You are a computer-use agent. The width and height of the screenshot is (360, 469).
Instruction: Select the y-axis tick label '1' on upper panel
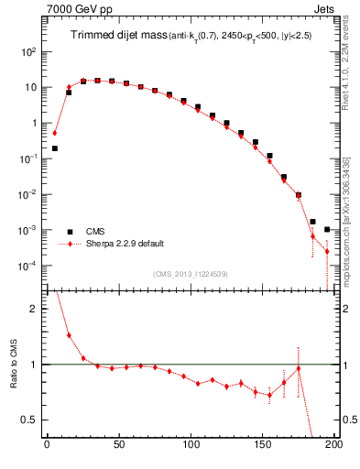click(32, 123)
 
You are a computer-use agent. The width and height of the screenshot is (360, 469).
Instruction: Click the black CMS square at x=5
click(55, 148)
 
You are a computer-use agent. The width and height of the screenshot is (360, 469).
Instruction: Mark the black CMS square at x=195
click(327, 229)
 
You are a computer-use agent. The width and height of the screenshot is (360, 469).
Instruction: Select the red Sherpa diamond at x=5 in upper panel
click(55, 133)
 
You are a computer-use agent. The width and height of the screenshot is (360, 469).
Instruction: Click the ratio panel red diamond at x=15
click(69, 335)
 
